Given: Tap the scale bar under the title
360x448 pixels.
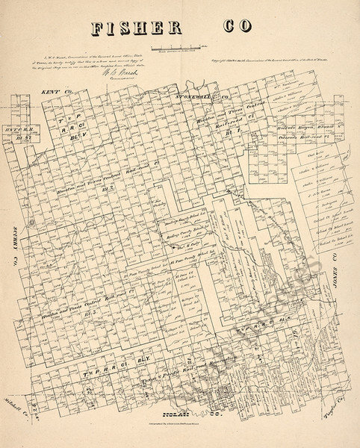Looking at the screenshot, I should (174, 49).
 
